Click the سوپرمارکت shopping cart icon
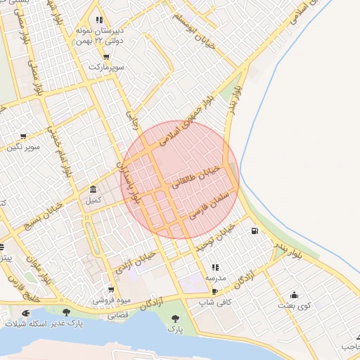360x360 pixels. pyautogui.click(x=105, y=57)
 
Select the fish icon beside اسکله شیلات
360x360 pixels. pyautogui.click(x=26, y=312)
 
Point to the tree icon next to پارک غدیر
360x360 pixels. pyautogui.click(x=67, y=312)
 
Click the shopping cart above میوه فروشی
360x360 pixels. pyautogui.click(x=111, y=290)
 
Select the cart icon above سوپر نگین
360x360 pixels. pyautogui.click(x=23, y=136)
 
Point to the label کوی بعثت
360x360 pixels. pyautogui.click(x=294, y=305)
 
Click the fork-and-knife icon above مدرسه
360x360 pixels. pyautogui.click(x=214, y=267)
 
